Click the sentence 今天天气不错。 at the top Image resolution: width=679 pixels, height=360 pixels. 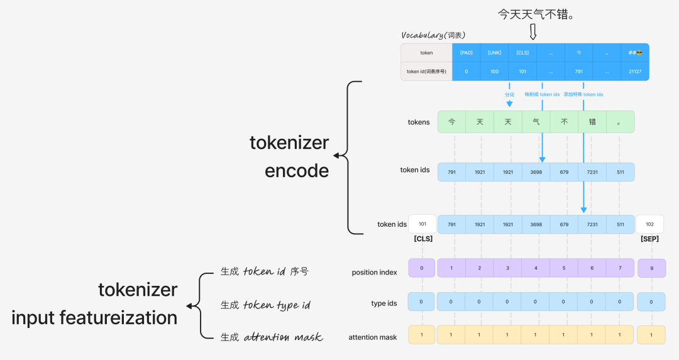click(536, 13)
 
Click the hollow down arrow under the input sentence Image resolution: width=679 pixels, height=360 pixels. click(533, 32)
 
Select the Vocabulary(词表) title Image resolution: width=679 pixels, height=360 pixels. click(433, 35)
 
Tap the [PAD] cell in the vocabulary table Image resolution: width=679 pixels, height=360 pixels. click(466, 53)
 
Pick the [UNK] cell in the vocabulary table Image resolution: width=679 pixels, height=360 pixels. click(494, 53)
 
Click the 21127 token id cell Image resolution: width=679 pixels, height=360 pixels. click(634, 72)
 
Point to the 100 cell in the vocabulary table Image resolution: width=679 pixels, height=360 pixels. click(494, 72)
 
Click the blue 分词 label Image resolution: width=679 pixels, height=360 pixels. click(509, 94)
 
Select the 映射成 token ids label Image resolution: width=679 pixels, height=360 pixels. click(542, 94)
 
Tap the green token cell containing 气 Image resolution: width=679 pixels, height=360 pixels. click(536, 122)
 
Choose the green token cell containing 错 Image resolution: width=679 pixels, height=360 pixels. click(592, 122)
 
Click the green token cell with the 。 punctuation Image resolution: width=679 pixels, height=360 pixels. click(620, 122)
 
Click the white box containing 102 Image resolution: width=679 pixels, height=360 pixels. click(649, 224)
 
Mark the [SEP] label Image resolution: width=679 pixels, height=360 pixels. click(649, 239)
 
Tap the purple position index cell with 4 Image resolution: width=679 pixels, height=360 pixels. click(536, 268)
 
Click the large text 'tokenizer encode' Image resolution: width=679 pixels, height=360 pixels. click(289, 156)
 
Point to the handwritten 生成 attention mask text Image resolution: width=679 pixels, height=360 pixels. click(272, 337)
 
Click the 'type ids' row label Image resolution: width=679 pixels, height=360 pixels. click(384, 303)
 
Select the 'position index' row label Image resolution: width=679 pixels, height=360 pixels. click(374, 272)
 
